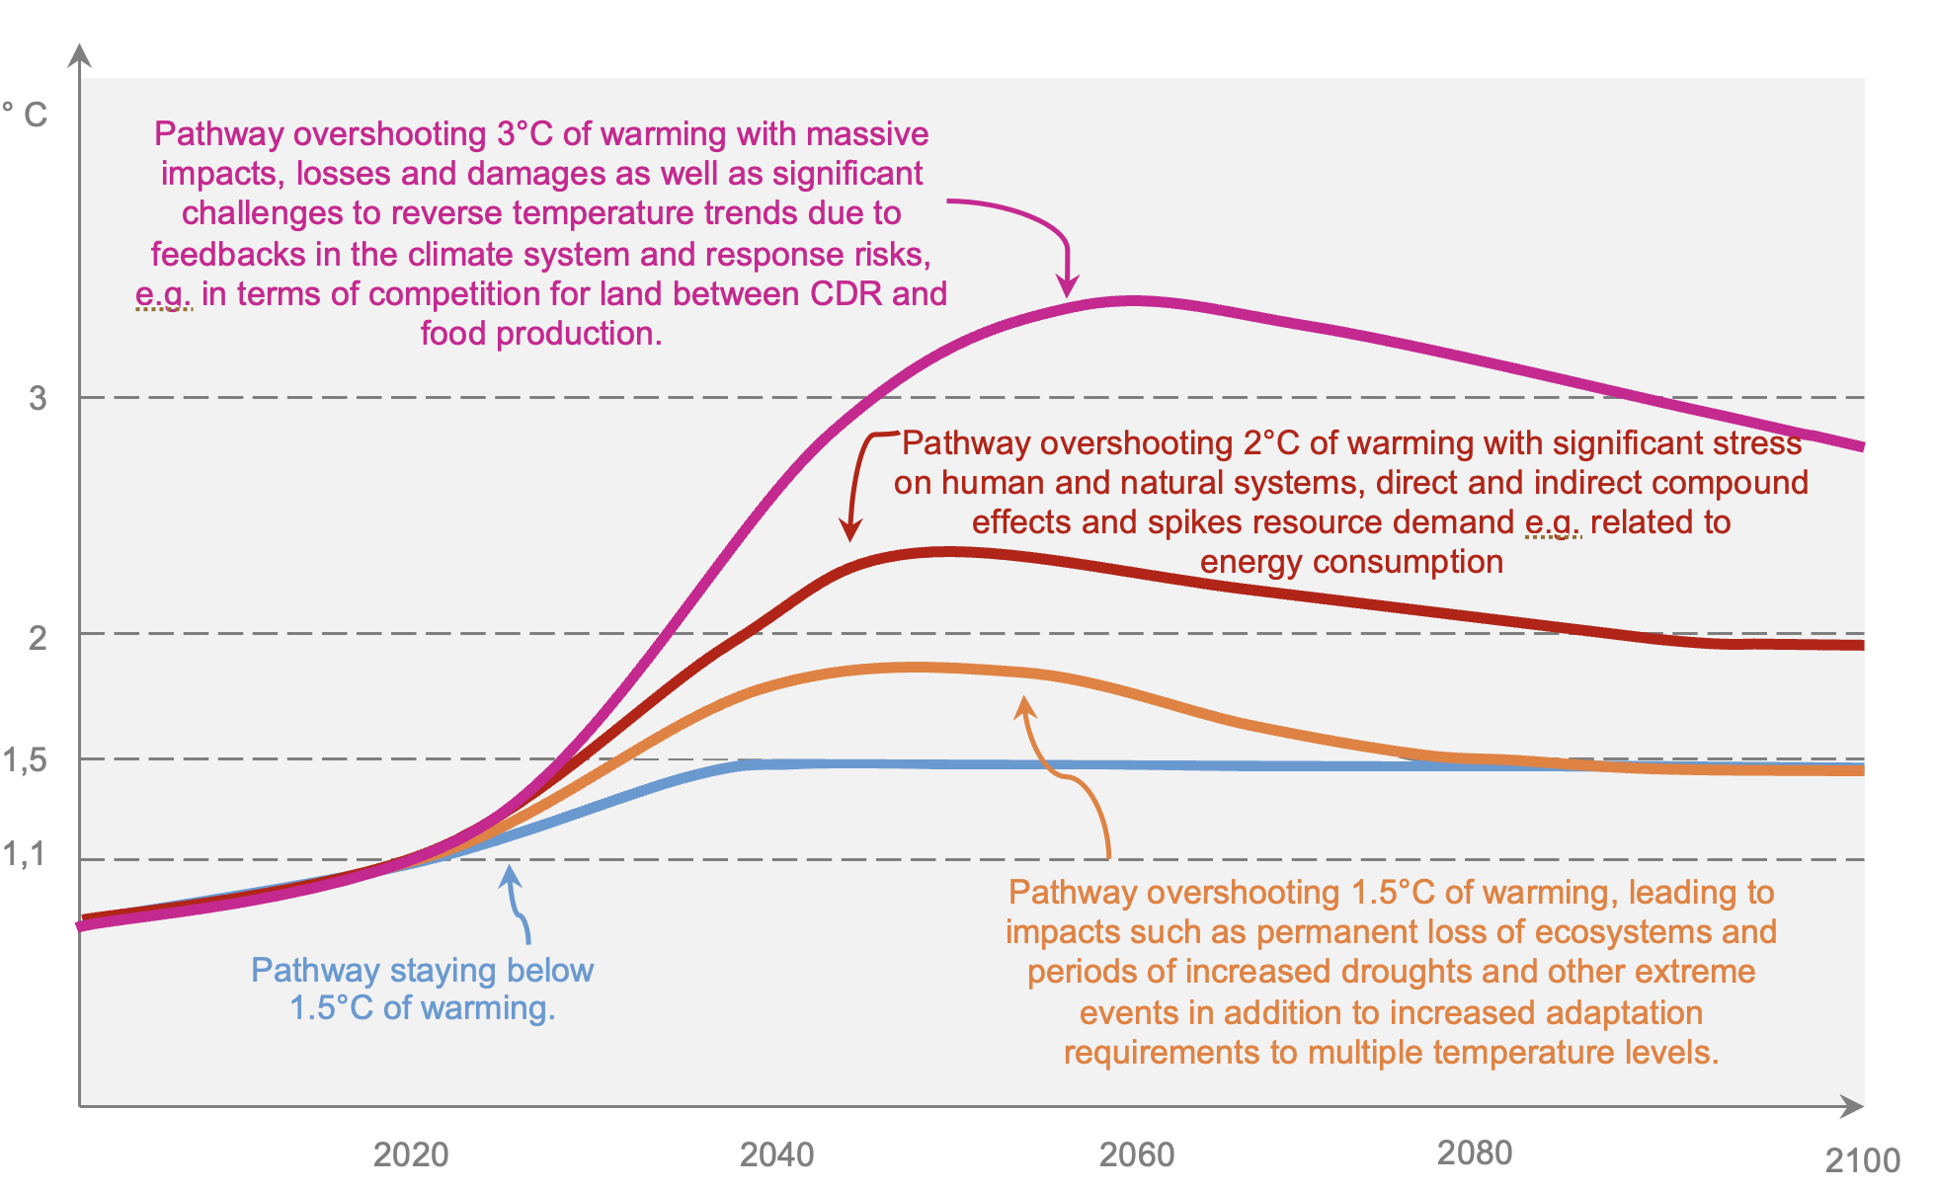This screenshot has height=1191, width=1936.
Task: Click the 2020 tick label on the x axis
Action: [x=411, y=1154]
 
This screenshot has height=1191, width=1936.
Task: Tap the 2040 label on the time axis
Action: [x=777, y=1154]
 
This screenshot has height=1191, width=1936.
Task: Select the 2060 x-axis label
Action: [x=1137, y=1154]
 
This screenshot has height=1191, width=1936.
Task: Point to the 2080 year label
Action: [x=1475, y=1152]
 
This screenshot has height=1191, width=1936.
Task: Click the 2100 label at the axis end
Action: [x=1862, y=1160]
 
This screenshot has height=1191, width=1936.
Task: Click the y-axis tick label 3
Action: [x=38, y=398]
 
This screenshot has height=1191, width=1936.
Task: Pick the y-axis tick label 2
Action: [x=38, y=638]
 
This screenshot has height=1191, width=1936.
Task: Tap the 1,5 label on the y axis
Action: [x=25, y=760]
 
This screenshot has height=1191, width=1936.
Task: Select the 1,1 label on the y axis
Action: [x=25, y=853]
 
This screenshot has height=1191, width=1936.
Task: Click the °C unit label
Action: [x=25, y=115]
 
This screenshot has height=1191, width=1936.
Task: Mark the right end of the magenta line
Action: [x=1860, y=446]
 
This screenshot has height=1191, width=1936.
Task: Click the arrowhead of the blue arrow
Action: [x=510, y=872]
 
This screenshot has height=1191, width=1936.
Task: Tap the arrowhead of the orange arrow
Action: [x=1025, y=704]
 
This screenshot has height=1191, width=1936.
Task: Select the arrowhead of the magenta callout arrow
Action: [x=1067, y=289]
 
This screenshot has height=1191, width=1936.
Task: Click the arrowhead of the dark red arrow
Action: [x=849, y=532]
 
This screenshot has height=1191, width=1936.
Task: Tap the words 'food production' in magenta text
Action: [x=540, y=334]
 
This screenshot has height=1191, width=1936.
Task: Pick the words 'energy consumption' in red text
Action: [x=1351, y=562]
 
